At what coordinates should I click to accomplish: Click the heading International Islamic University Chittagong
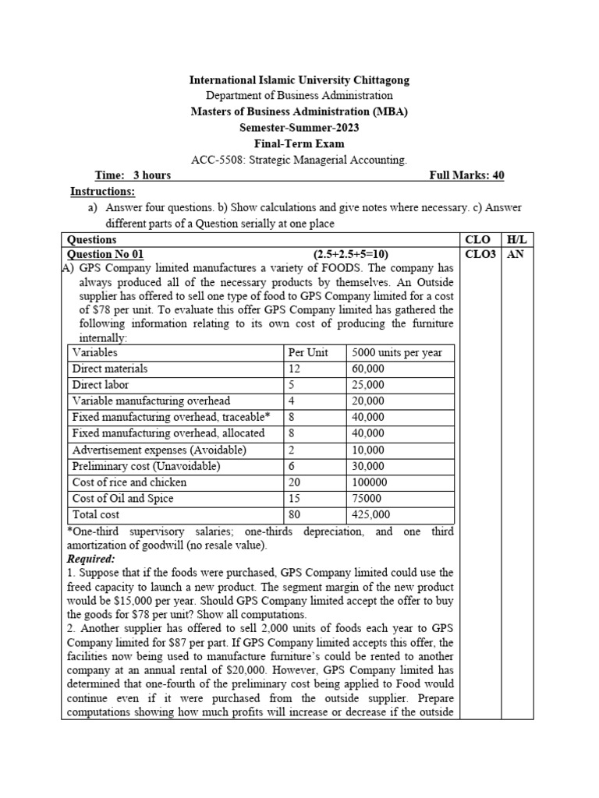click(299, 80)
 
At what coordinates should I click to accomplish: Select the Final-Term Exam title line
click(299, 143)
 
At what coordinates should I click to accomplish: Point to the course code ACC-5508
click(215, 160)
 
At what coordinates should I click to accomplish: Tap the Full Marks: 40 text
click(466, 175)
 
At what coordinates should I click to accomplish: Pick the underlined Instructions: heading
click(102, 192)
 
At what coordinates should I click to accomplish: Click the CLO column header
click(477, 240)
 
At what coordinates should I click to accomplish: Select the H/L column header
click(516, 240)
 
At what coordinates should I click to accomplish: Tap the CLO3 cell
click(480, 254)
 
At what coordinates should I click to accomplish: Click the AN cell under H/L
click(515, 254)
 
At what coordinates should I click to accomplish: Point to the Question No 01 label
click(106, 254)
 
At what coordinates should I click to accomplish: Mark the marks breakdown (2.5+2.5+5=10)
click(351, 254)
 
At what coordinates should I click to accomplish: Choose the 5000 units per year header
click(397, 352)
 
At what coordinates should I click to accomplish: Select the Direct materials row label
click(109, 369)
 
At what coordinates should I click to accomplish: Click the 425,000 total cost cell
click(371, 514)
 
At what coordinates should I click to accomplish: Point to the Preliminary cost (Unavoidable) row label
click(146, 466)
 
